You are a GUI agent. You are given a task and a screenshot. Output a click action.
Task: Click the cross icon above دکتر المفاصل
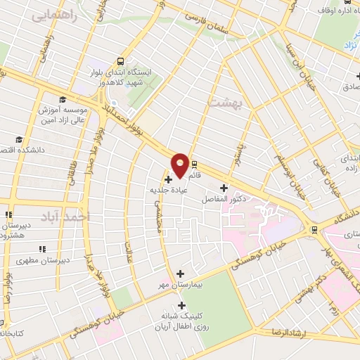point(224,188)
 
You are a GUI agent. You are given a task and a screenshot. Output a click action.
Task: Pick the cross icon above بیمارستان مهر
point(181,274)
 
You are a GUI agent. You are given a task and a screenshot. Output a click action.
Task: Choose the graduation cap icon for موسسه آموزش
point(62,99)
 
